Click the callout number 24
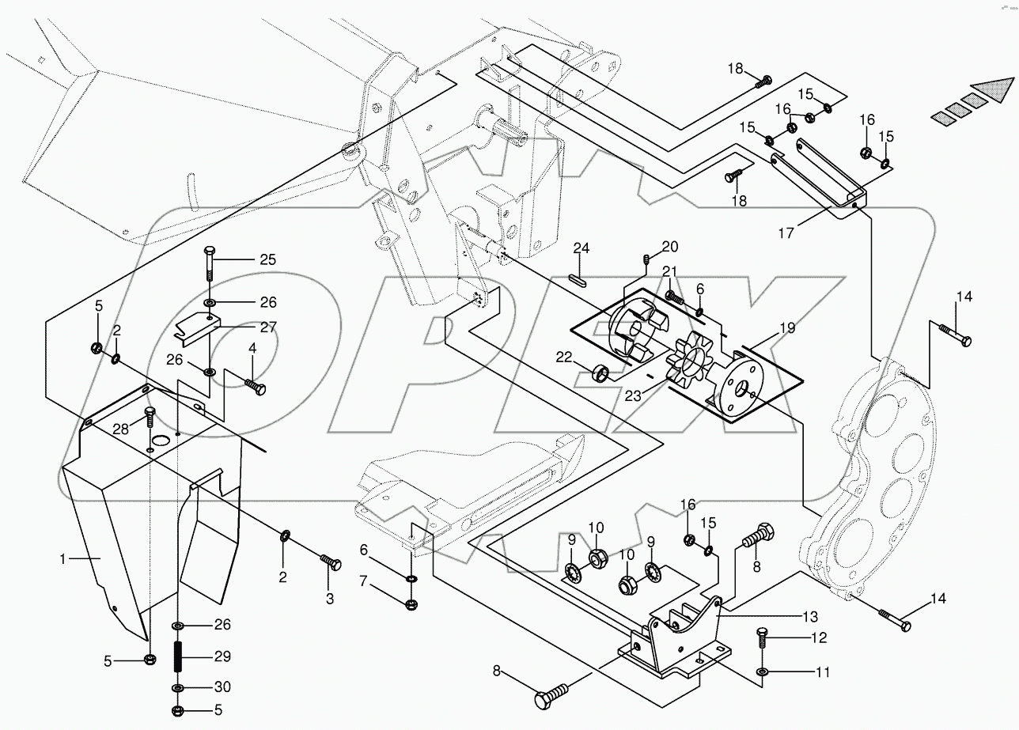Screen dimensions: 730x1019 pos(581,249)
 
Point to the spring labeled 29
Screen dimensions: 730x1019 pos(180,656)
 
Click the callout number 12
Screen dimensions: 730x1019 pos(817,637)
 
